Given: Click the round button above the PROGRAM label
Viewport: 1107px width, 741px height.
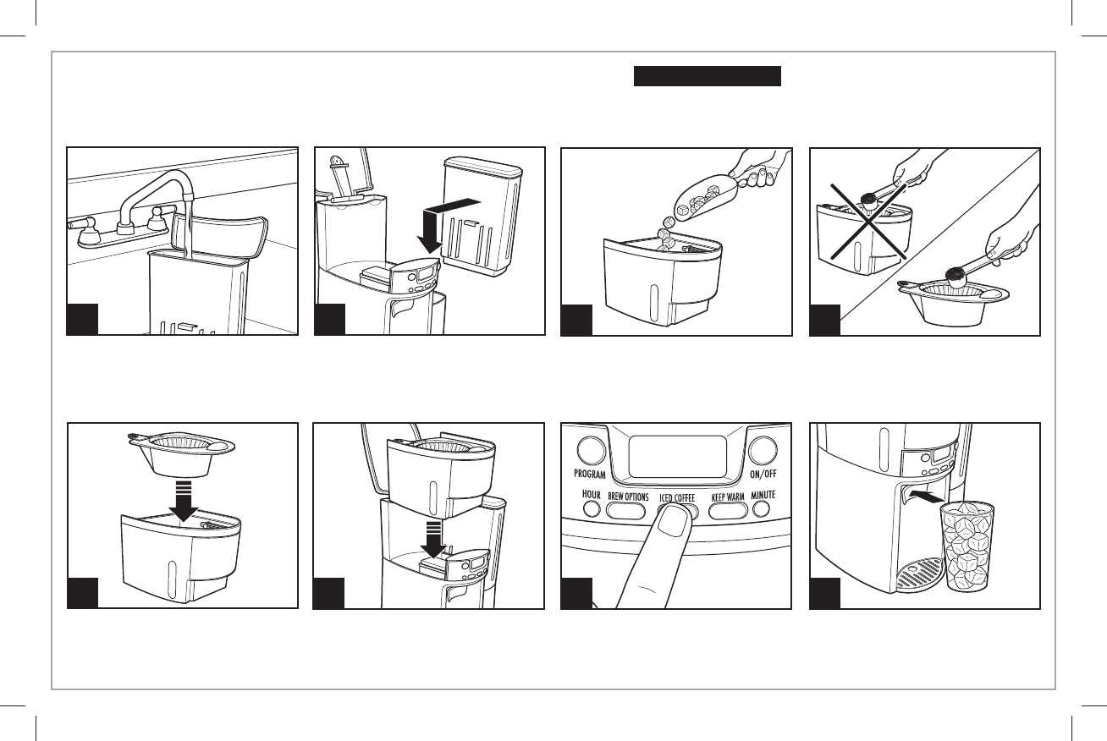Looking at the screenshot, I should [590, 448].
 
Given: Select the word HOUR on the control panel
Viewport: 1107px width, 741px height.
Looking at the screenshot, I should [591, 494].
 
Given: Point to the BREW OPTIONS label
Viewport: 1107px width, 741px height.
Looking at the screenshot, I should [628, 497].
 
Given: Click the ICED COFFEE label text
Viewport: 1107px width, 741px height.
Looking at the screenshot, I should [677, 498].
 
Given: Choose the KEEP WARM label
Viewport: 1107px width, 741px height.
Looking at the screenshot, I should [728, 497].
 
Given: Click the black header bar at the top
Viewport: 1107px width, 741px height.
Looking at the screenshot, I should [707, 77].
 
